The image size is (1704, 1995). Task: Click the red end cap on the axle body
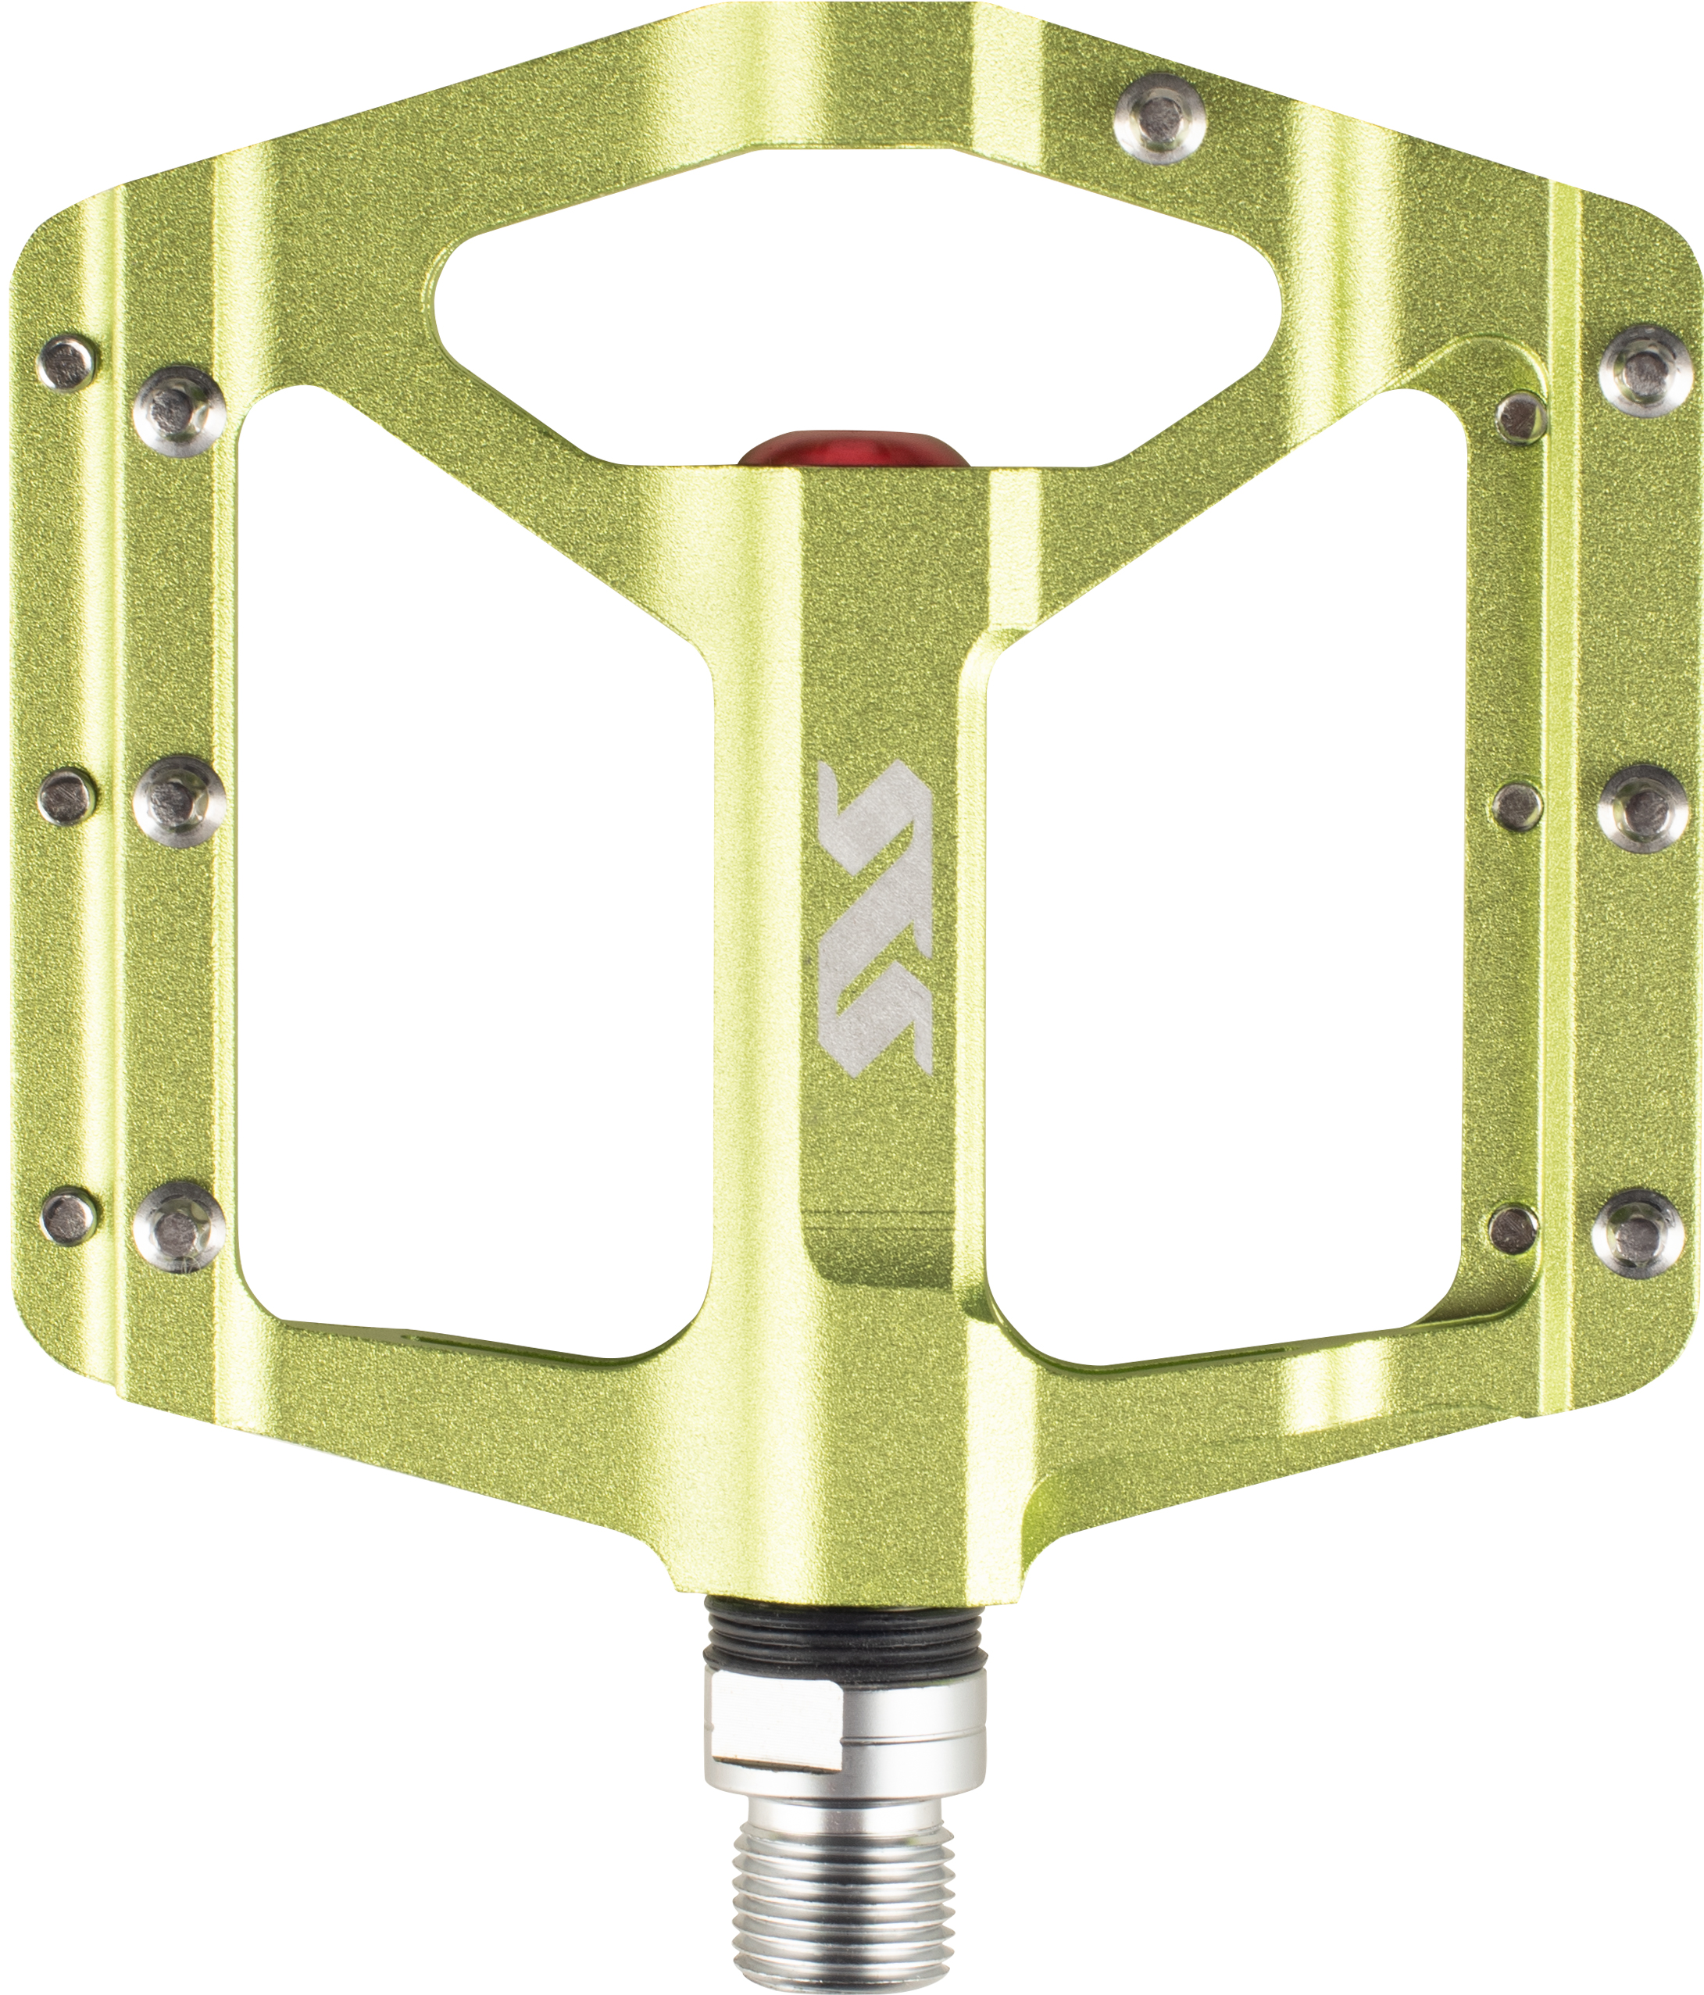853,449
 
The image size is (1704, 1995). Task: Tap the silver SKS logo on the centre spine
874,917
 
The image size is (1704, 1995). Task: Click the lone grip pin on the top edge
1160,120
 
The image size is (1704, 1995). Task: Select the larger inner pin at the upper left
180,410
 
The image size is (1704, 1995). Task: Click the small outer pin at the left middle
67,795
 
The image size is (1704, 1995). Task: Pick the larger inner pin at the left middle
179,801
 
